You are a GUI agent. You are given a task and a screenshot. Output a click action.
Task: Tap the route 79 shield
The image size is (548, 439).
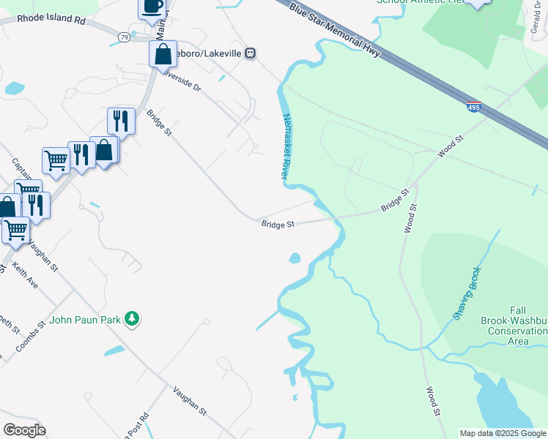(125, 37)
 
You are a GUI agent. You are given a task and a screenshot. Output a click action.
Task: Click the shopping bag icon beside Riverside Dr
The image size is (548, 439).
(163, 53)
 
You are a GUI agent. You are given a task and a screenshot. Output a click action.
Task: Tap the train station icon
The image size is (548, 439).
(251, 53)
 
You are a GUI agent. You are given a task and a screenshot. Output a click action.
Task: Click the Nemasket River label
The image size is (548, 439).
(285, 147)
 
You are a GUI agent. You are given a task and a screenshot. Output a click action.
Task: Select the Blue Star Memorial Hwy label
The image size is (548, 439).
(334, 30)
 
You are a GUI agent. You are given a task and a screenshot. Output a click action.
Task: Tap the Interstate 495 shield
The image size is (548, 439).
(473, 108)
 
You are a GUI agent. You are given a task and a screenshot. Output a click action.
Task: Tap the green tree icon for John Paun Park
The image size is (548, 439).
(132, 318)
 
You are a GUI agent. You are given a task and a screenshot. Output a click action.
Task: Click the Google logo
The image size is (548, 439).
(24, 430)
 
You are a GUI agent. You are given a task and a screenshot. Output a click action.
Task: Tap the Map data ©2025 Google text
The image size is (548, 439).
(503, 433)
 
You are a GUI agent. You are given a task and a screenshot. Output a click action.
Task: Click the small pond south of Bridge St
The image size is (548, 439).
(295, 258)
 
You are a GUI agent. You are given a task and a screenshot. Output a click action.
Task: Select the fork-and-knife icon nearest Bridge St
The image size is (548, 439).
(121, 120)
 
